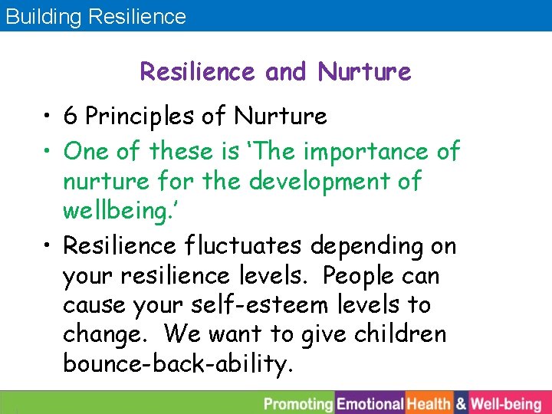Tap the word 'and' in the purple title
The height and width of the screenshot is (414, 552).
(285, 72)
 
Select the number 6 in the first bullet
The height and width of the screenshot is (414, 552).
(71, 117)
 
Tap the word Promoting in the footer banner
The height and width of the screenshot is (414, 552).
(299, 403)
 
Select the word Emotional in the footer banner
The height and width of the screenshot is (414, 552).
(370, 403)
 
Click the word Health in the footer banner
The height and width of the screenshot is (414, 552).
(429, 403)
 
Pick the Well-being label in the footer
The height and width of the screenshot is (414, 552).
(506, 403)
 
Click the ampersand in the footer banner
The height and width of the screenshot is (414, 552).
(461, 403)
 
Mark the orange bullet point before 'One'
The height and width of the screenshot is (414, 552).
(48, 152)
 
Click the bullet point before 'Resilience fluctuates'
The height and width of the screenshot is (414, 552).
(48, 246)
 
